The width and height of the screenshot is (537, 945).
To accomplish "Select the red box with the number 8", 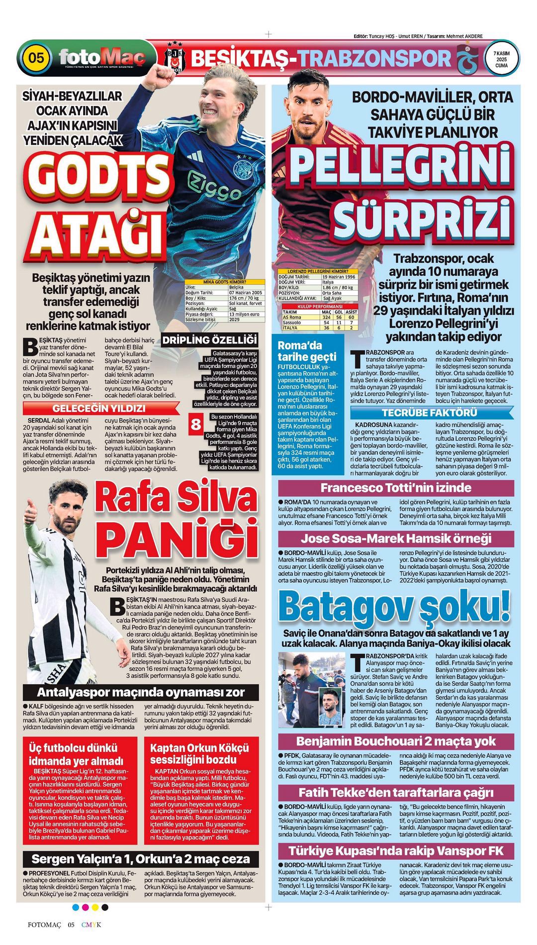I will pyautogui.click(x=196, y=424).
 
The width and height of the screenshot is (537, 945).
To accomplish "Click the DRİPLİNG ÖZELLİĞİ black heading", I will pyautogui.click(x=210, y=340).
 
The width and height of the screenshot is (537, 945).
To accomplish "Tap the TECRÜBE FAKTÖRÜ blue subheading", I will pyautogui.click(x=430, y=413).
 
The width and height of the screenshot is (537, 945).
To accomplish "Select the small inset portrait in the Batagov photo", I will pyautogui.click(x=332, y=706).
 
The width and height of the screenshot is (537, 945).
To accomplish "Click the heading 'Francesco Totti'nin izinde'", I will pyautogui.click(x=396, y=487).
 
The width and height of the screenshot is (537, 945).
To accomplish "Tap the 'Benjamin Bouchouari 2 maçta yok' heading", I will pyautogui.click(x=396, y=741).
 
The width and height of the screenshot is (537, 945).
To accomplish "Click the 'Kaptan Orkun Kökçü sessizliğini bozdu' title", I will pyautogui.click(x=199, y=754).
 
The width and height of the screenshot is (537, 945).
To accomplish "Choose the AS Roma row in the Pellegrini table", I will pyautogui.click(x=316, y=317).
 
